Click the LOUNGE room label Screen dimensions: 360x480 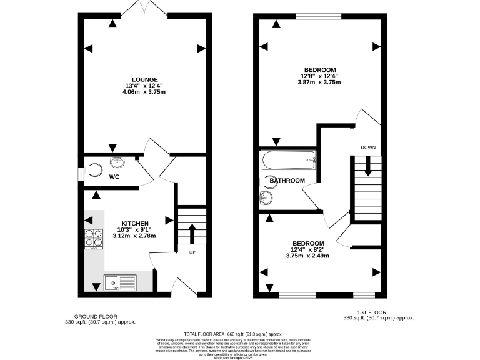pos(144,79)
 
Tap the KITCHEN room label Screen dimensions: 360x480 pos(134,223)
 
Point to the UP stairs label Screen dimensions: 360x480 pos(192,252)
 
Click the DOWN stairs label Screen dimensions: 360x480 pos(367,147)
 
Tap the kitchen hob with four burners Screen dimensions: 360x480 pos(94,238)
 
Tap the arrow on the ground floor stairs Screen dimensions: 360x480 pos(192,234)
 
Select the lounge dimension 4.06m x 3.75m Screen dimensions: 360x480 pos(144,92)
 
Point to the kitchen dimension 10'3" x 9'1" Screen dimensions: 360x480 pos(134,229)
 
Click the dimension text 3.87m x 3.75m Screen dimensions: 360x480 pos(320,82)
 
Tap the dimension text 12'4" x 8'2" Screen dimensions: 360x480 pos(308,249)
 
